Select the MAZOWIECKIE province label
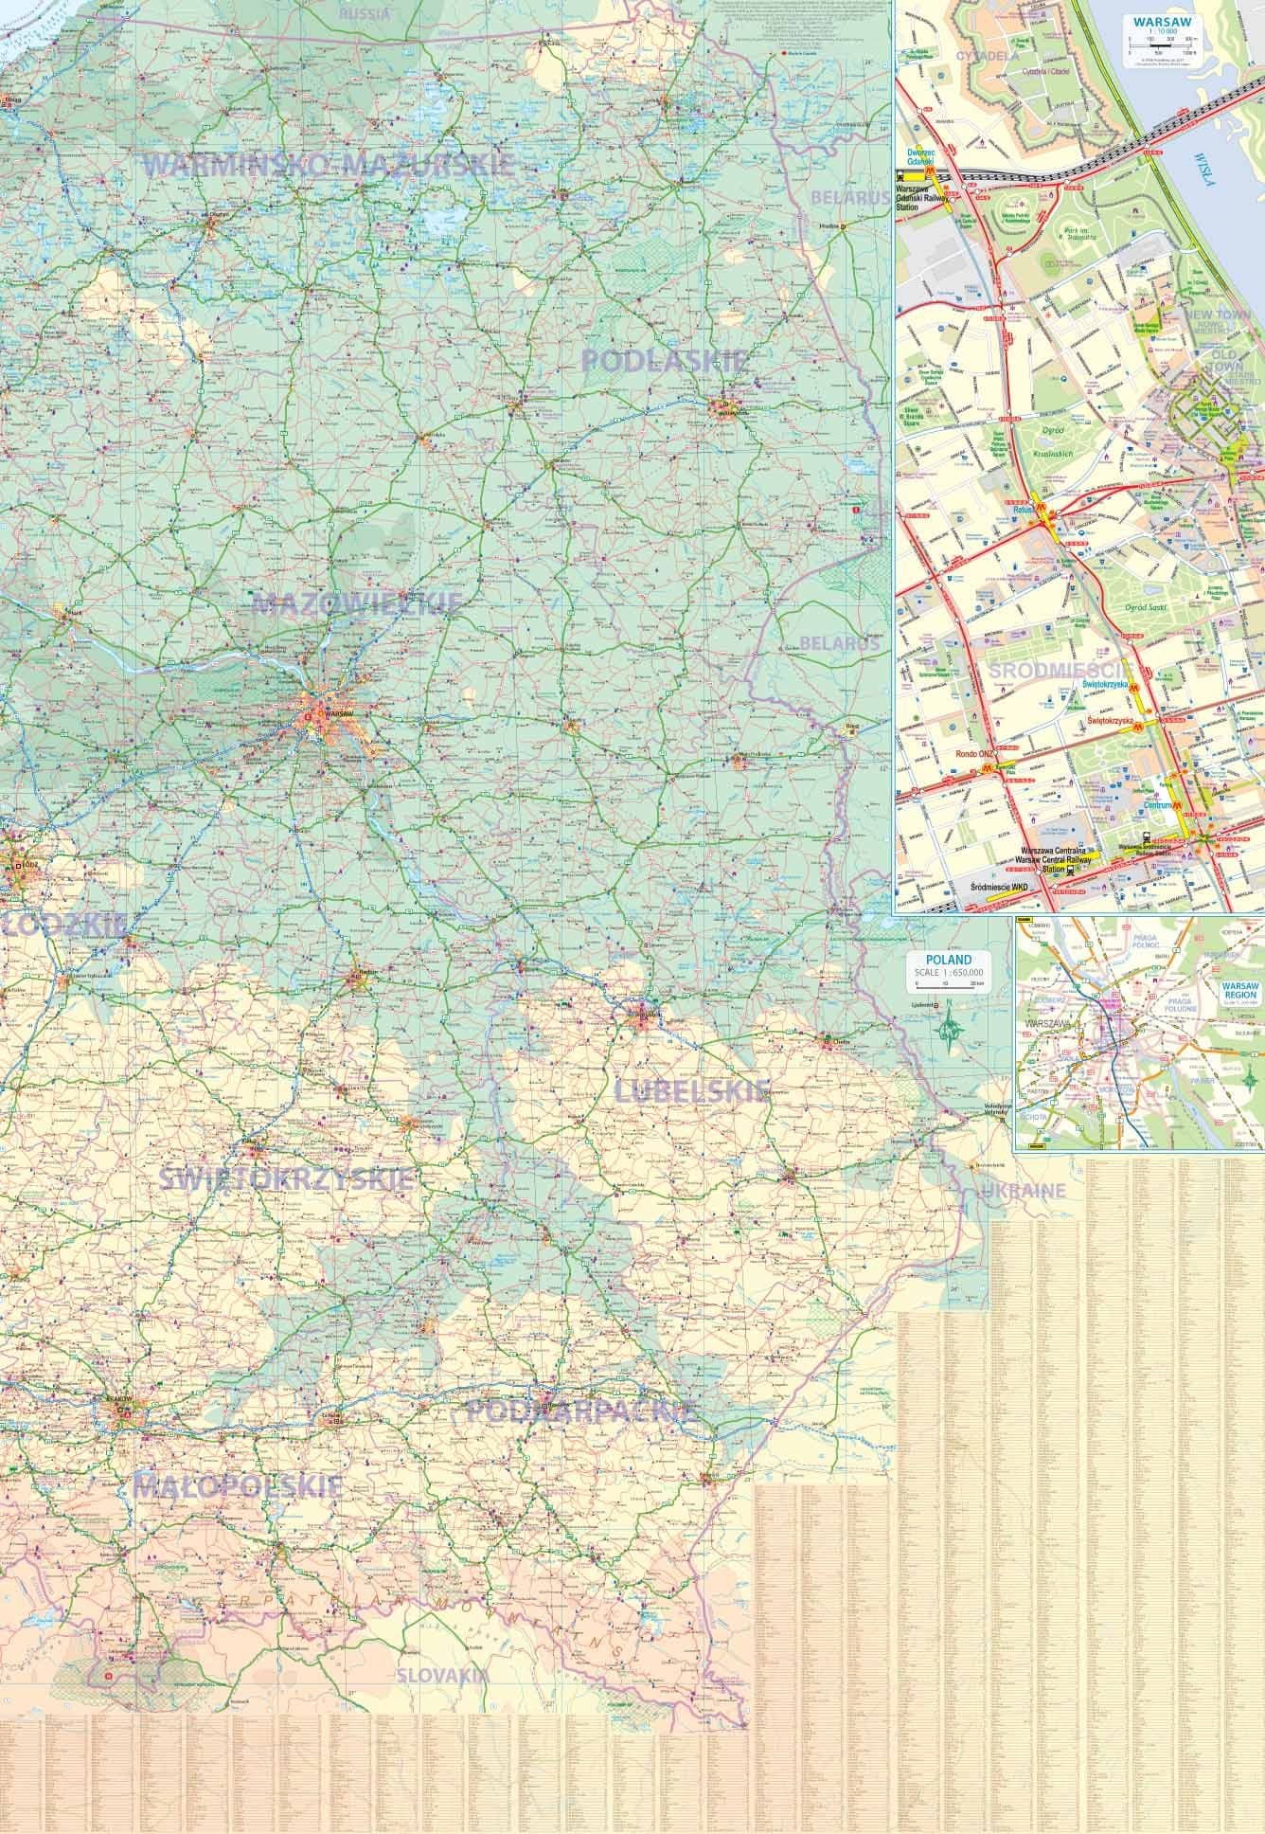pyautogui.click(x=357, y=603)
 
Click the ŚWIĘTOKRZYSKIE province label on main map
pyautogui.click(x=286, y=1179)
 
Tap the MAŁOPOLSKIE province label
pyautogui.click(x=239, y=1486)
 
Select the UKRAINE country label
pyautogui.click(x=1024, y=1191)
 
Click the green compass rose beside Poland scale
pyautogui.click(x=951, y=1029)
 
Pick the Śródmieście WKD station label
pyautogui.click(x=999, y=885)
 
